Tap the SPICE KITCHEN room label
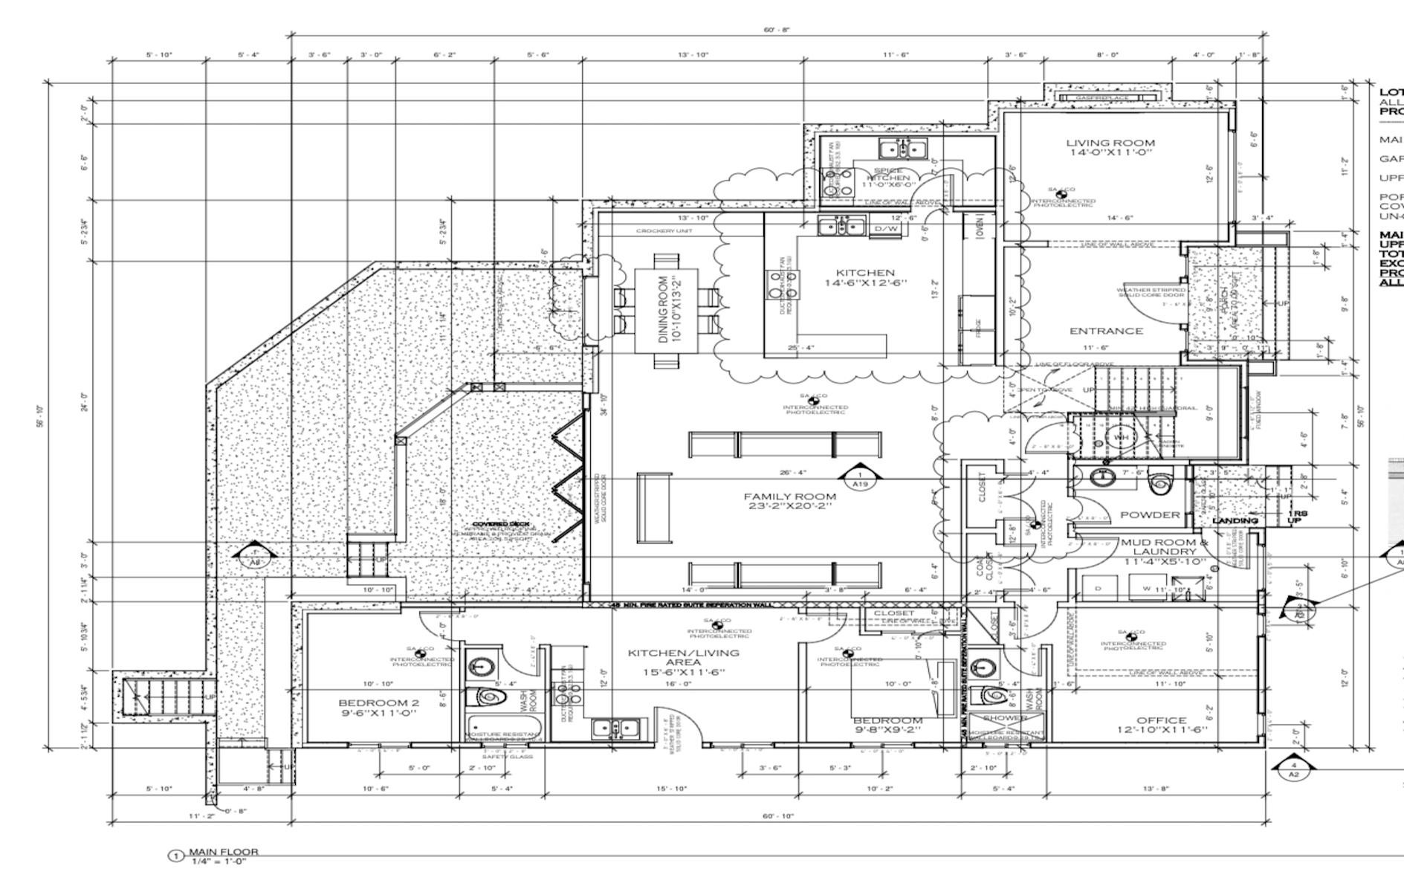click(887, 175)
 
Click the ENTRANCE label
click(1105, 331)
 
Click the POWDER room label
click(1149, 514)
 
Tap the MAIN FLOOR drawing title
click(223, 852)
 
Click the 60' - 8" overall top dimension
click(777, 30)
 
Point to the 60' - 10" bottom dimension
click(778, 815)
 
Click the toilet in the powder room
click(1159, 482)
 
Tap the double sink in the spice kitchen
click(902, 149)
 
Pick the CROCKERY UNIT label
click(664, 231)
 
